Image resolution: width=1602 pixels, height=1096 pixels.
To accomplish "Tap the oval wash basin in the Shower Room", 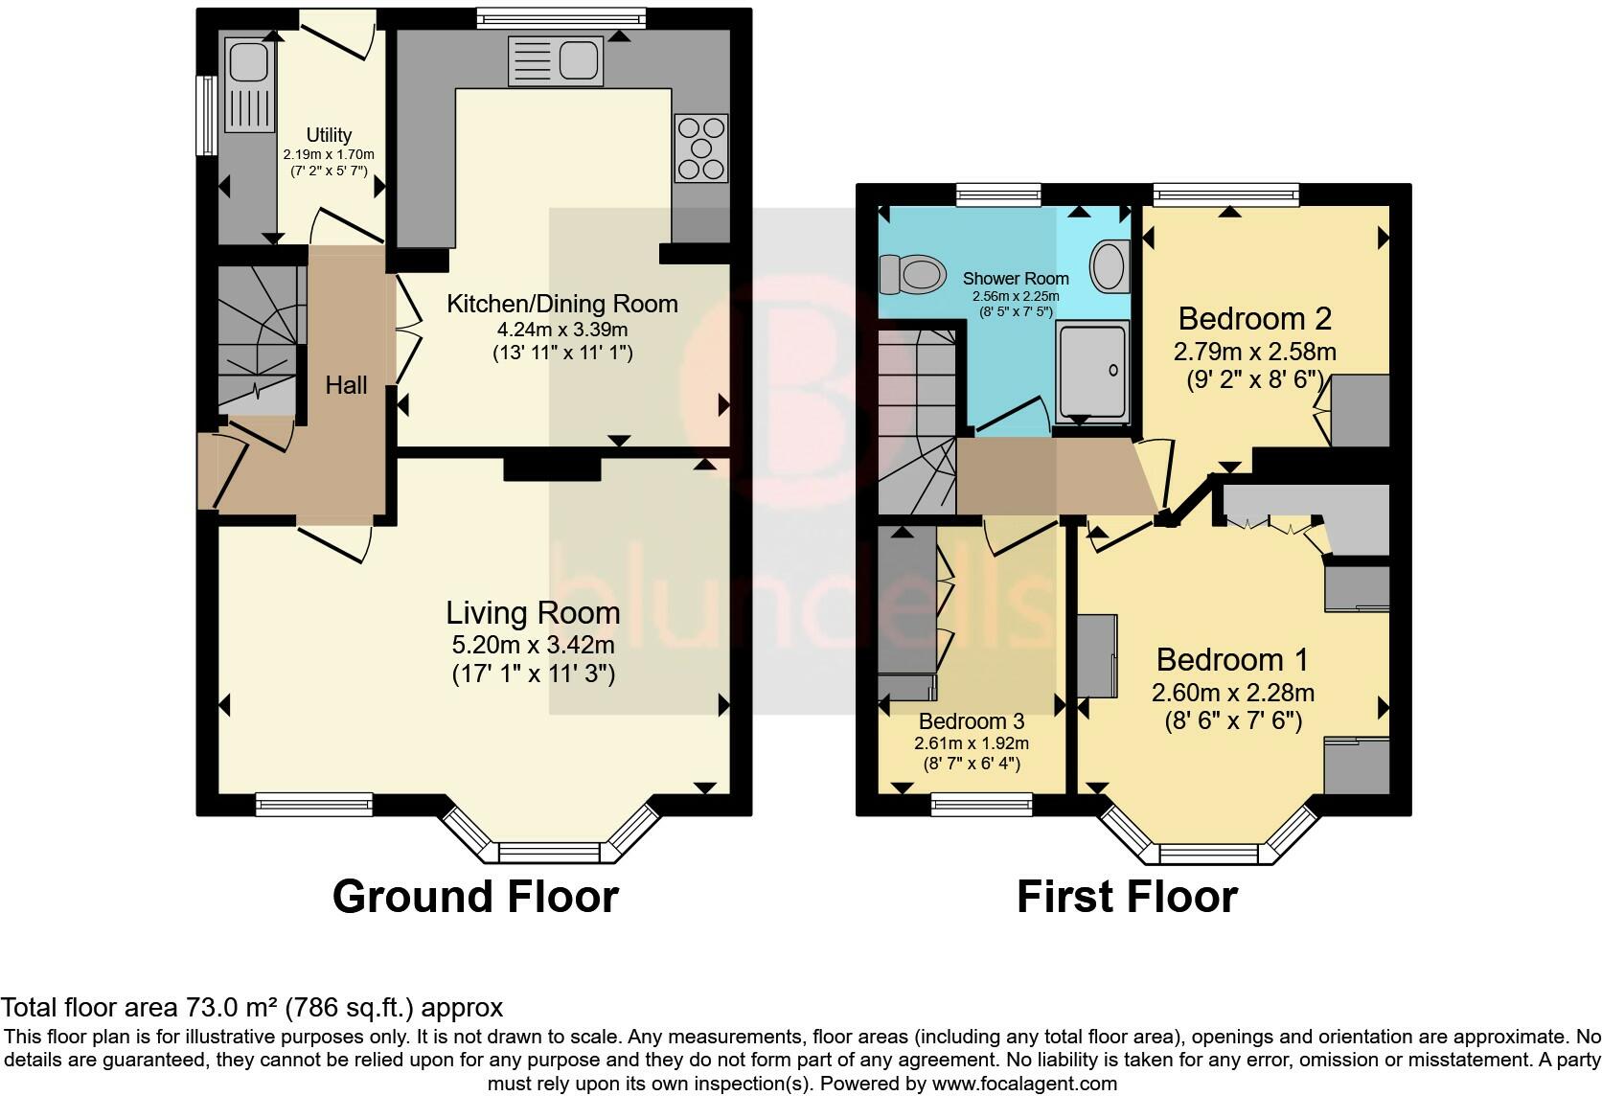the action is click(x=1110, y=266).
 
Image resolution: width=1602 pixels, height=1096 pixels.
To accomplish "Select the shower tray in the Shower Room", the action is click(x=1092, y=372).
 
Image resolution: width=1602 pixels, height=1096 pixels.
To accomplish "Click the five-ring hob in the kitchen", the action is click(x=701, y=148).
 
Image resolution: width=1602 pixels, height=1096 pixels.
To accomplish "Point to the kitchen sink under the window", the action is click(x=555, y=60).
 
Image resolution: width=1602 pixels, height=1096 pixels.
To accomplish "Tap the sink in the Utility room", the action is click(x=250, y=85).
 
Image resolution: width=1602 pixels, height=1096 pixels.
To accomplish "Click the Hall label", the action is click(x=346, y=385).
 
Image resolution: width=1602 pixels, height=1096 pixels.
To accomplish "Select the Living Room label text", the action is click(x=533, y=613).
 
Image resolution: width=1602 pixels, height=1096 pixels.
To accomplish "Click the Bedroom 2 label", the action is click(x=1255, y=319).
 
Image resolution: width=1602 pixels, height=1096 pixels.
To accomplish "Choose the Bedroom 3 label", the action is click(x=972, y=720).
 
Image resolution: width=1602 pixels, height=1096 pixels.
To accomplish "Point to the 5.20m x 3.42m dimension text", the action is click(x=533, y=645).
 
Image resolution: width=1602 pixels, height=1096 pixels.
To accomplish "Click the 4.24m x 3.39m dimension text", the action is click(x=562, y=330).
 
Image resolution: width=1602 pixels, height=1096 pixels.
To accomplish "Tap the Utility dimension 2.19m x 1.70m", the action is click(x=329, y=154).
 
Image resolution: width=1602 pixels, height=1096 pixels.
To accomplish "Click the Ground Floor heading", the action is click(x=475, y=897).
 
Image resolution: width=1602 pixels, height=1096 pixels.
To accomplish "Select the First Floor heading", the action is click(x=1127, y=897).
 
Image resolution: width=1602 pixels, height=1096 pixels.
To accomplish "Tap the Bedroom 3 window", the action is click(x=981, y=805).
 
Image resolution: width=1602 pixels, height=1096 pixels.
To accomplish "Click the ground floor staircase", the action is click(x=257, y=340).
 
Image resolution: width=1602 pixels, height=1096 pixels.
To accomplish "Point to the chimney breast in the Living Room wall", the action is click(x=552, y=468).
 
